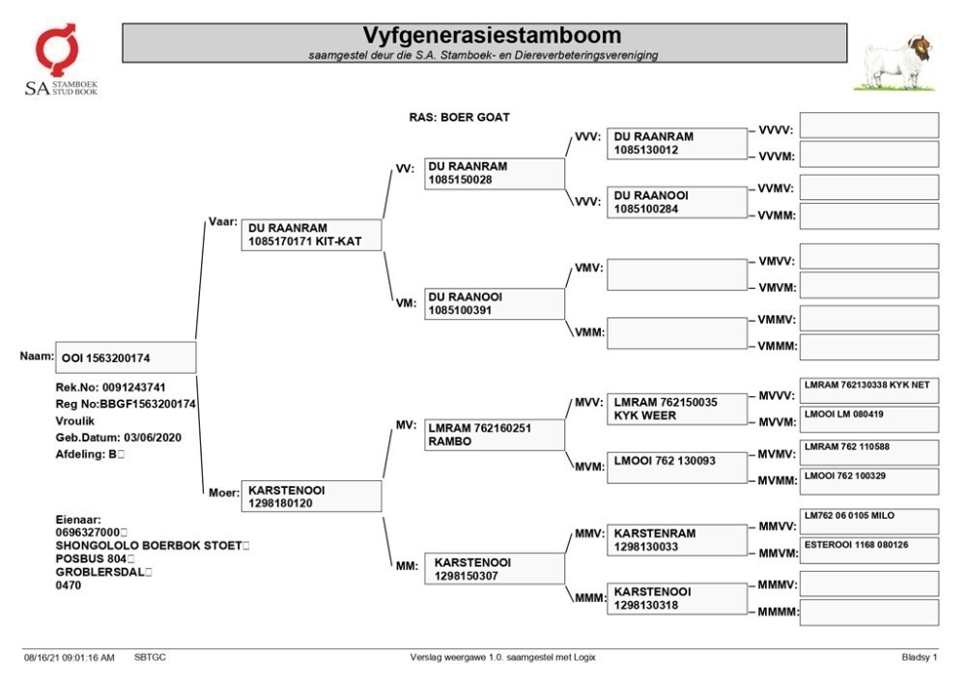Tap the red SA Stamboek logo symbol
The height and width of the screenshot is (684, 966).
(57, 49)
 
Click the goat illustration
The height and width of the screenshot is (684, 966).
(895, 63)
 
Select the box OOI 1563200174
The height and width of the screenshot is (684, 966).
(126, 357)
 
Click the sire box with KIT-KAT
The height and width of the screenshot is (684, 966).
(311, 235)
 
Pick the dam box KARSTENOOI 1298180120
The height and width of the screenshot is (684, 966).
(311, 496)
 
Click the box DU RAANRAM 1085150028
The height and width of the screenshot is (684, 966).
(494, 173)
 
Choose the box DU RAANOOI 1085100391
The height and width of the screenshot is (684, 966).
(494, 303)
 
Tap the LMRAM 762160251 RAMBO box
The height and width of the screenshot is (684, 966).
(494, 435)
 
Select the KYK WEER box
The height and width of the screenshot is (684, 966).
(677, 409)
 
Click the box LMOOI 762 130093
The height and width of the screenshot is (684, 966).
(677, 467)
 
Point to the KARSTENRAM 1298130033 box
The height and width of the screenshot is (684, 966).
(677, 540)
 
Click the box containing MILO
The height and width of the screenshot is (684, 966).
(869, 522)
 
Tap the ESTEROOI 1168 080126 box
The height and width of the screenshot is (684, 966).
(869, 551)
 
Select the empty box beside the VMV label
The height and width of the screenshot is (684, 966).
(677, 274)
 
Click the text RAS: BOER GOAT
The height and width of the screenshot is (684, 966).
(460, 117)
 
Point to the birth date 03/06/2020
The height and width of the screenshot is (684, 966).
(153, 438)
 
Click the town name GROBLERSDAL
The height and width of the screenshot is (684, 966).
(99, 572)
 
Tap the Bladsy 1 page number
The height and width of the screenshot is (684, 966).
(920, 658)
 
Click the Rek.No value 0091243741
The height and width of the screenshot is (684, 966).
(133, 387)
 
